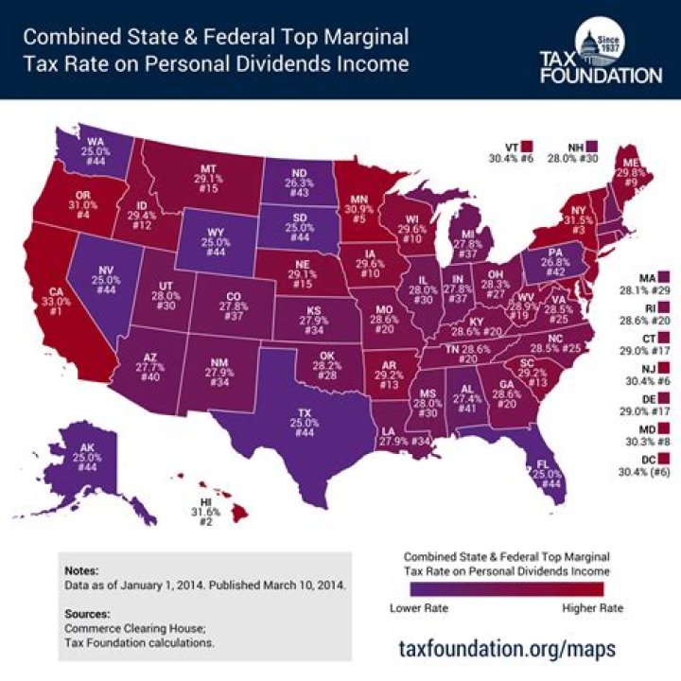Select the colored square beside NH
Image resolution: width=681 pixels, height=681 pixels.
[591, 148]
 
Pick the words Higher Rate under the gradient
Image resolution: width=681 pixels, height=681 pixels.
[592, 607]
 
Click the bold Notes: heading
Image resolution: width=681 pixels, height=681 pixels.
[83, 571]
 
